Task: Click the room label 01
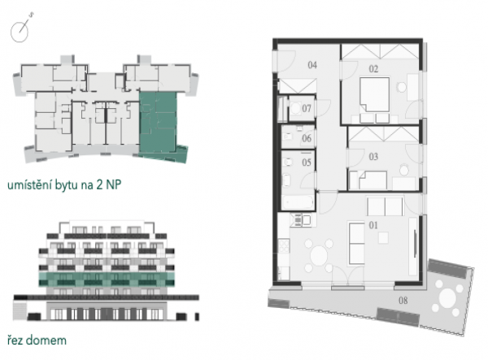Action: tap(373, 225)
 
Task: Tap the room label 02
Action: tap(373, 69)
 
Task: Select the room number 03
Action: tap(373, 156)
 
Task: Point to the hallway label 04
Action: tap(312, 65)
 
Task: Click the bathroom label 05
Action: tap(307, 163)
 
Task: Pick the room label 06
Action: tap(307, 138)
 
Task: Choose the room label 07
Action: tap(307, 108)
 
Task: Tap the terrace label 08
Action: tap(403, 301)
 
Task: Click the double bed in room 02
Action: tap(375, 94)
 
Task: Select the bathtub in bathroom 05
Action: tap(298, 202)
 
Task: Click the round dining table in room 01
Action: tap(319, 255)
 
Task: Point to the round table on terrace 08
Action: tap(447, 297)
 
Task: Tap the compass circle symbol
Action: tap(20, 32)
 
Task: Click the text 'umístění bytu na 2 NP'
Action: tap(64, 184)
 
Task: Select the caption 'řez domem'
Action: tap(37, 340)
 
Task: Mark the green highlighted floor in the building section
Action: tap(107, 280)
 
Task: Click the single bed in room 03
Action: tap(373, 180)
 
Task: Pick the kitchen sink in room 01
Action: tap(298, 219)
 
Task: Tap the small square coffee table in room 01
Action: tap(383, 238)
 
